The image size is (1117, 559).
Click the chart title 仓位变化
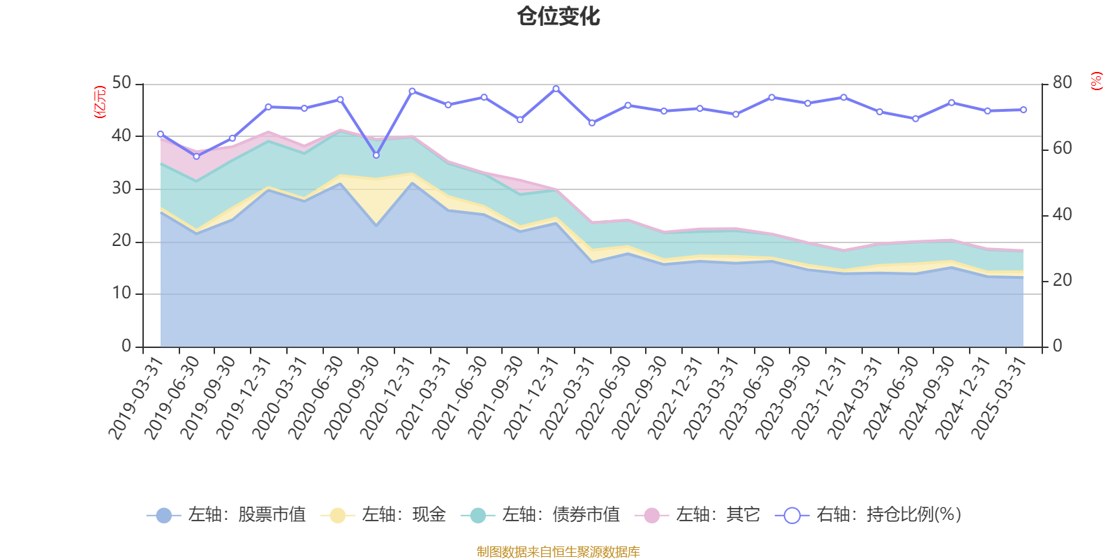coord(558,16)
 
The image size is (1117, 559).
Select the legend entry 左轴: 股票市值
coord(226,515)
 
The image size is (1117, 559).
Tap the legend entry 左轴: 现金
coord(383,515)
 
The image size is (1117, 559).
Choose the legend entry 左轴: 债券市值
coord(540,515)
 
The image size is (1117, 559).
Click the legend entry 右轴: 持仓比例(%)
coord(868,515)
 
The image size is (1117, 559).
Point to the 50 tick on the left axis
coord(121,83)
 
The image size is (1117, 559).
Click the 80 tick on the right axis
coord(1062,83)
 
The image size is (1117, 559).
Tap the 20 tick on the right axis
coord(1062,280)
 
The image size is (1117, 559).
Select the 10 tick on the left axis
coord(121,293)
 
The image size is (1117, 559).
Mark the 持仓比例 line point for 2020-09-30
coord(376,155)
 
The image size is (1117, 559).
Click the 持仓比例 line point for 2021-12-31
coord(556,89)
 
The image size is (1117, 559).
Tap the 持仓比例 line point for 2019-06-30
coord(196,157)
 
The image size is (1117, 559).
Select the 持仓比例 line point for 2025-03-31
coord(1023,110)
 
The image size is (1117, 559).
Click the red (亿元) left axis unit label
coord(100,102)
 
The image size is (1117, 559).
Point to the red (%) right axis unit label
coord(1097,81)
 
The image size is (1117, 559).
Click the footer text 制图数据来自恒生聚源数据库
coord(558,552)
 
